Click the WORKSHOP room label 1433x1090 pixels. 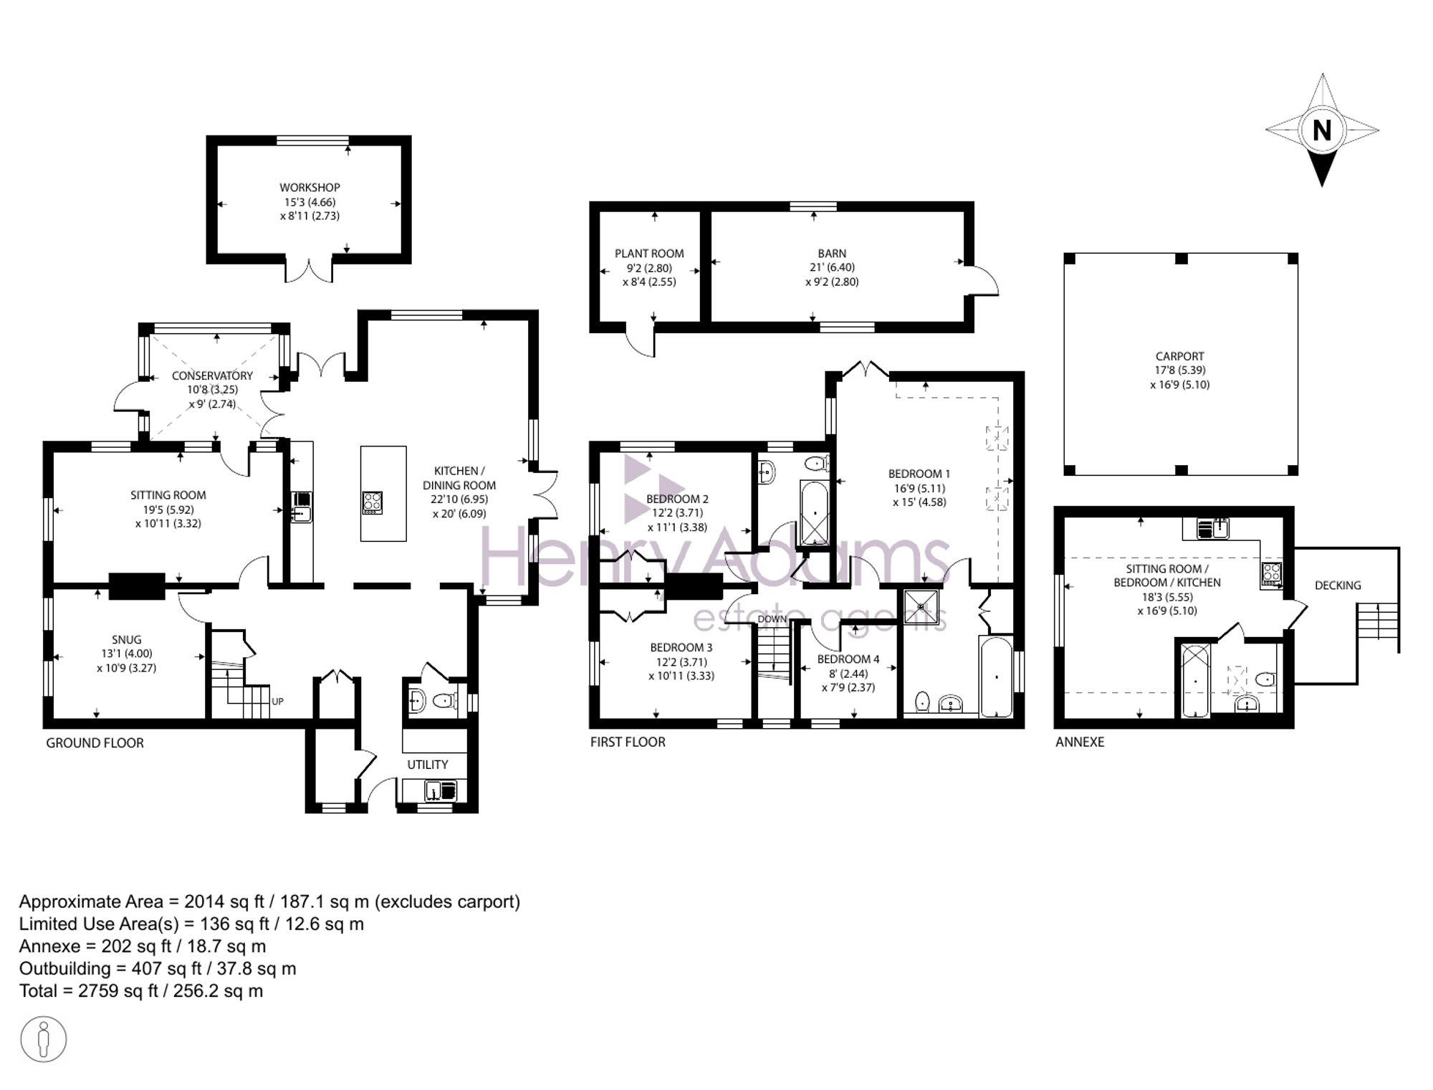pos(310,188)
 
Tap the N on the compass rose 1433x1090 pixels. pos(1322,130)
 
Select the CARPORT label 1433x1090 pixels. pos(1179,356)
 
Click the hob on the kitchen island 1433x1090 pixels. pos(372,502)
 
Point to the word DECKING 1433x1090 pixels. pos(1338,585)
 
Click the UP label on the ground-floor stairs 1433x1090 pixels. pos(278,702)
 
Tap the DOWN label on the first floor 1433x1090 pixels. pos(772,619)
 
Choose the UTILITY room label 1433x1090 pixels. pos(428,765)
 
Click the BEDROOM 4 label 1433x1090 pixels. pos(848,659)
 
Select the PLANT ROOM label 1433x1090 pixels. pos(649,254)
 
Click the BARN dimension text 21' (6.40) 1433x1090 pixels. pos(832,267)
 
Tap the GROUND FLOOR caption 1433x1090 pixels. pos(95,743)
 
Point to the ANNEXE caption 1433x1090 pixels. pos(1080,742)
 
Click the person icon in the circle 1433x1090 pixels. pos(44,1038)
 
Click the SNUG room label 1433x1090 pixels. pos(126,640)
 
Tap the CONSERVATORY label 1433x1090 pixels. pos(212,376)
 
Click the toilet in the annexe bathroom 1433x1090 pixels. pos(1265,679)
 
